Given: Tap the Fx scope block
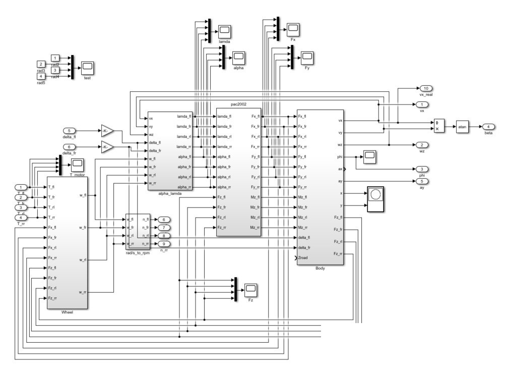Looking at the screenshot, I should coord(293,28).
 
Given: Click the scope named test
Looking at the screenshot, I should coord(87,67).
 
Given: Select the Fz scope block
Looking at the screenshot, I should coord(250,290).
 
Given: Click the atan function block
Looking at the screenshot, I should coord(463,126).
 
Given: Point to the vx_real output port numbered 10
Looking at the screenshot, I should coord(425,88).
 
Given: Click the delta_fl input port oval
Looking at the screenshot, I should coord(70,131).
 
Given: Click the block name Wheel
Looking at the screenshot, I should coord(67,313).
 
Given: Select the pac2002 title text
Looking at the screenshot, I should coord(238,104).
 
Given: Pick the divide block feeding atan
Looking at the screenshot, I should coord(439,126).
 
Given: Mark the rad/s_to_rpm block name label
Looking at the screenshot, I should coord(138,253).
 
